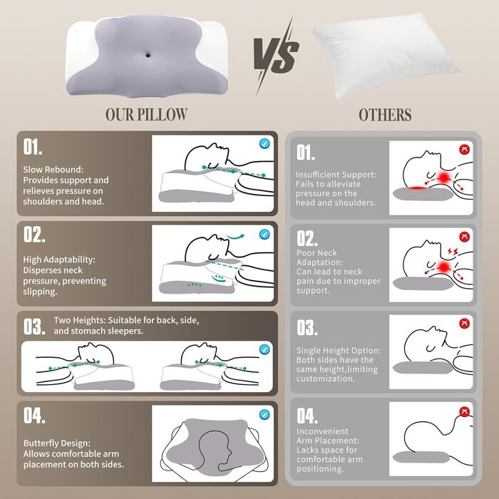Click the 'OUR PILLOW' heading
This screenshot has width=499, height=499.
click(146, 114)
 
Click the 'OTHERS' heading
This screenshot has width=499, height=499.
click(384, 114)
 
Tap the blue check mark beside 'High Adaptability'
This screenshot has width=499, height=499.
click(265, 234)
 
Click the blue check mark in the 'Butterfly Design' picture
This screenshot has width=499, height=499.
click(265, 413)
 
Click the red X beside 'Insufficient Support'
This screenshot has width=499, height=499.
click(465, 150)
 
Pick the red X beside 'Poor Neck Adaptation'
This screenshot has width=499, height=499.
click(465, 237)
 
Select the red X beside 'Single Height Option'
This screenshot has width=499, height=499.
click(465, 324)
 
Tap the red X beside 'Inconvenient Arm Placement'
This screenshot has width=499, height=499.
click(465, 412)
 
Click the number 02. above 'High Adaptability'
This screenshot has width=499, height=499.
click(34, 235)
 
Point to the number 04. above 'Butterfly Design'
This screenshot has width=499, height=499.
click(34, 415)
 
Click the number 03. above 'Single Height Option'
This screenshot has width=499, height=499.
click(307, 328)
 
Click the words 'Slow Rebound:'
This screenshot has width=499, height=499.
click(53, 170)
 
